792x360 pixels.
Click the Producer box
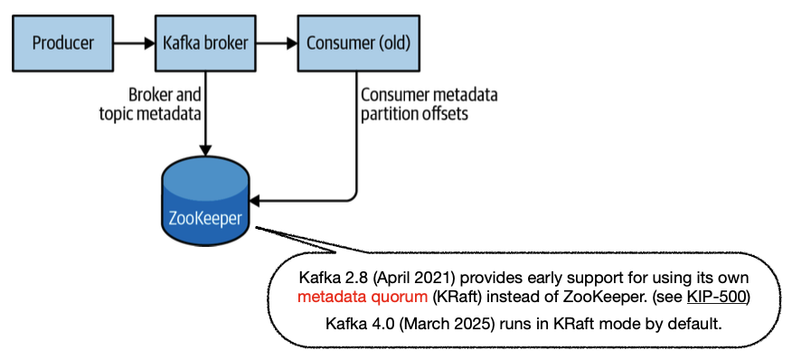click(62, 43)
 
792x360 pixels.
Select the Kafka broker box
click(205, 43)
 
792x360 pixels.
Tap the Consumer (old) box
click(358, 43)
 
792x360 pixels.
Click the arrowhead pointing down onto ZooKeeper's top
click(205, 151)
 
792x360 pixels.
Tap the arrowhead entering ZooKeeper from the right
click(255, 200)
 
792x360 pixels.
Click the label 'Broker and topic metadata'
click(150, 104)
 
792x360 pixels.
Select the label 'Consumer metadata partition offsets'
click(429, 104)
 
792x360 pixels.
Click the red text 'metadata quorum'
click(363, 297)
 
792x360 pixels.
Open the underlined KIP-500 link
click(716, 297)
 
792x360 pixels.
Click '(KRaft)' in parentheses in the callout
click(456, 297)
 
